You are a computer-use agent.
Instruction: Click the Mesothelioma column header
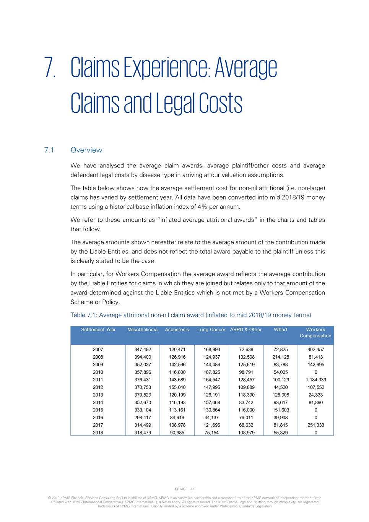(142, 330)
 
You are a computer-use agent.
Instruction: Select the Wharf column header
(280, 330)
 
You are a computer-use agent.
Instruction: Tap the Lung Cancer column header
(211, 330)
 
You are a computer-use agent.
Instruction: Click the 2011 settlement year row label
(98, 380)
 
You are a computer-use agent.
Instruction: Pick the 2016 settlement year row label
(98, 418)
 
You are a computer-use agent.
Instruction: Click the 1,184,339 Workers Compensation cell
(316, 380)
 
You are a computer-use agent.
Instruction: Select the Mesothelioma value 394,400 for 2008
(143, 357)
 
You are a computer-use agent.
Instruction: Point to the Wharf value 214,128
(281, 357)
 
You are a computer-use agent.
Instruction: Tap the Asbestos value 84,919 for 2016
(177, 418)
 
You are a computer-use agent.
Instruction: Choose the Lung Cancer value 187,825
(211, 372)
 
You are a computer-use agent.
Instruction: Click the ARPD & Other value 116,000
(246, 410)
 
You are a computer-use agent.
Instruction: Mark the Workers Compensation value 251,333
(316, 425)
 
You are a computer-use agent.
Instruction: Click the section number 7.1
(49, 150)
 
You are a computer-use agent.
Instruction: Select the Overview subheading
(86, 150)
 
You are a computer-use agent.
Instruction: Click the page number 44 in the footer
(193, 489)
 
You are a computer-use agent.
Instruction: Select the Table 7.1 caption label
(84, 315)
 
